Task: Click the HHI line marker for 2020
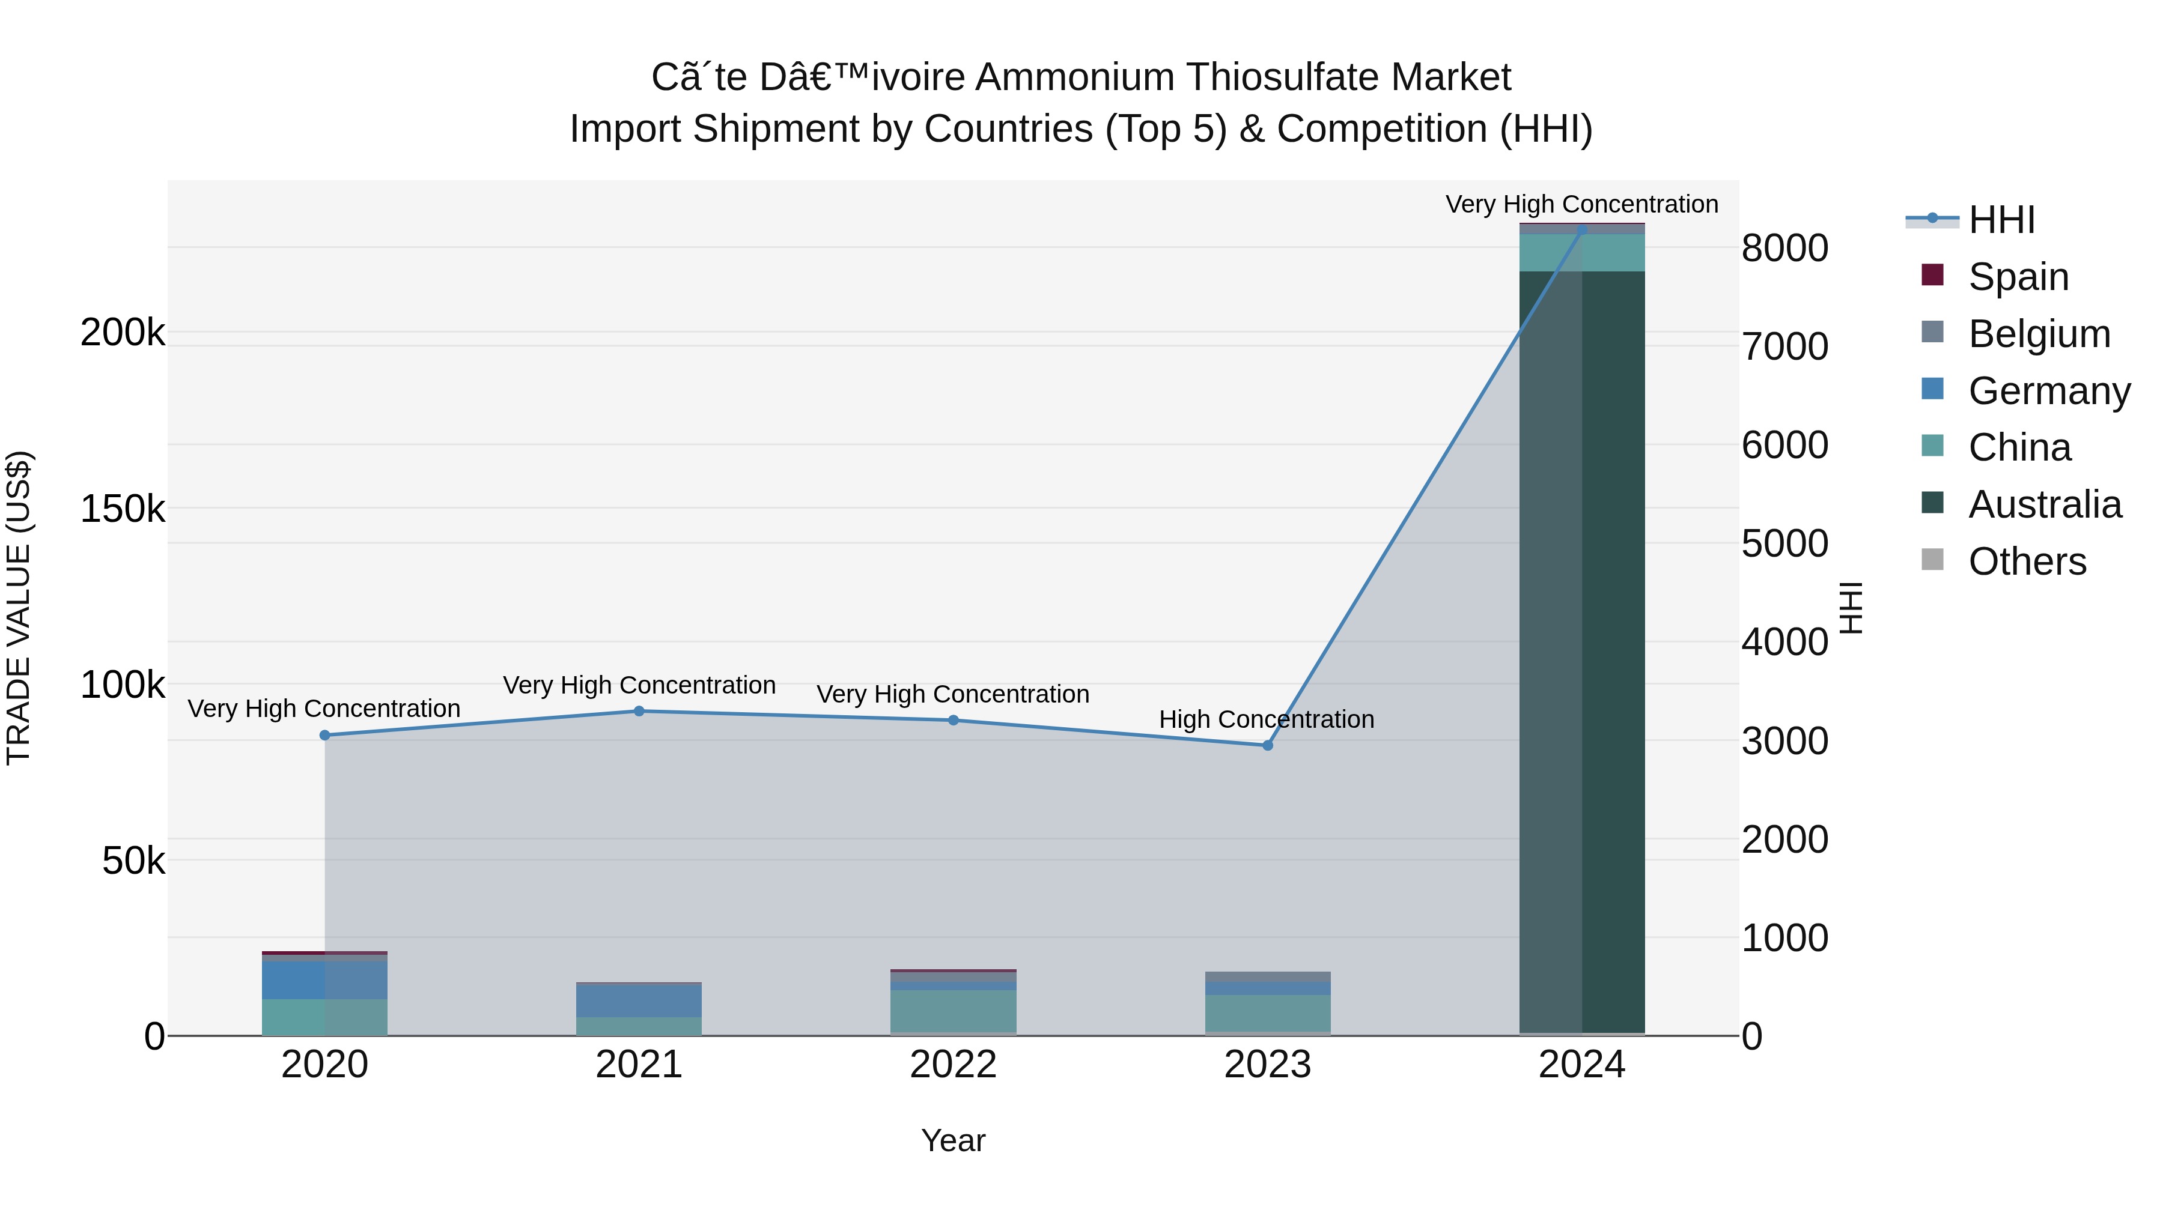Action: coord(325,735)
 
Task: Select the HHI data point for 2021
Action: coord(639,711)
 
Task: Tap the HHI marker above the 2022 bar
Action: coord(953,720)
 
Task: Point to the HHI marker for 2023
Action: coord(1268,745)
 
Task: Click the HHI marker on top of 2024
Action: coord(1582,229)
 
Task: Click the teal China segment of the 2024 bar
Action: coord(1582,253)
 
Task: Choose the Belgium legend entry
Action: coord(2039,334)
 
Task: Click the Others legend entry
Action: coord(2027,561)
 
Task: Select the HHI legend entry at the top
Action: coord(2001,220)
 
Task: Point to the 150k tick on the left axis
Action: coord(123,509)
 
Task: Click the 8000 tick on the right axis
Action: coord(1785,249)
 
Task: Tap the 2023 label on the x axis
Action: coord(1267,1065)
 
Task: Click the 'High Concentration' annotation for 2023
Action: coord(1266,719)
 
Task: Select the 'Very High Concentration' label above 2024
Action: coord(1582,204)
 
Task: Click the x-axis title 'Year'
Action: coord(953,1140)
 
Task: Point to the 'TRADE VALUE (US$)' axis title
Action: coord(19,608)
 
